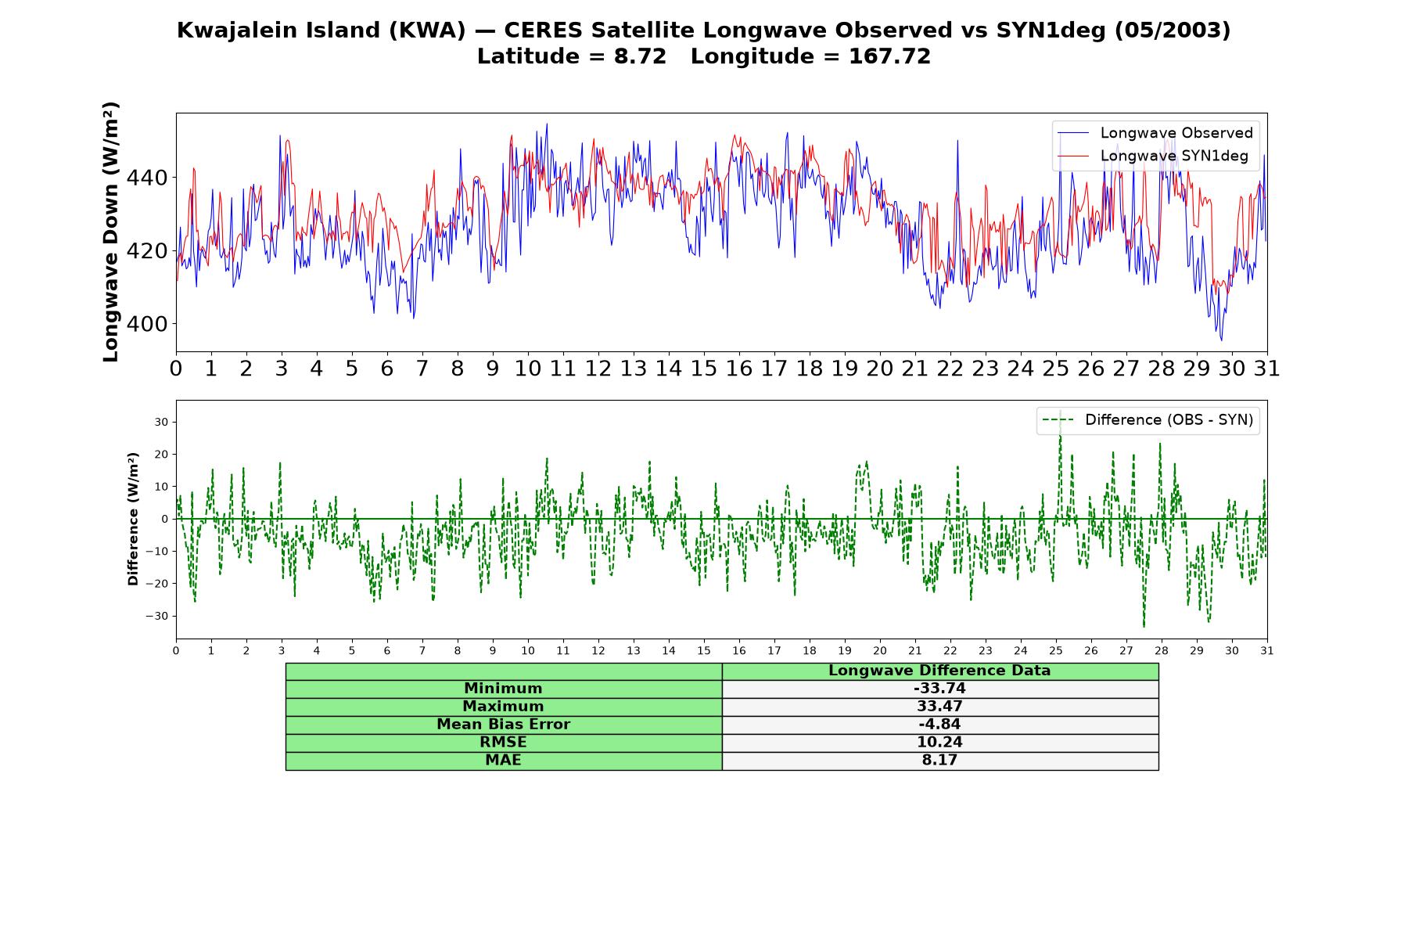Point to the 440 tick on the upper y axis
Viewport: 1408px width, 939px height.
click(x=146, y=178)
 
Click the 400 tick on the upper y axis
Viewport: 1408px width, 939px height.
click(x=146, y=323)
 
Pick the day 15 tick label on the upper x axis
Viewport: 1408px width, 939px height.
click(x=703, y=369)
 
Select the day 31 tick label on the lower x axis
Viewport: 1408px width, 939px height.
click(x=1267, y=650)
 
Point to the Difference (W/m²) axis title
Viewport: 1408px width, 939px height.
click(x=133, y=519)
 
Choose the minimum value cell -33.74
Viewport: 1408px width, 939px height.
click(x=939, y=689)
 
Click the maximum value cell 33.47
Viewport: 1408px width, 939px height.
click(x=939, y=707)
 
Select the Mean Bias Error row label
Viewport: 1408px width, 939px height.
click(x=503, y=725)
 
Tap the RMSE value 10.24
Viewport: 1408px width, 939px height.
click(x=939, y=743)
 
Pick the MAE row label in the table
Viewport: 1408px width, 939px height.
click(x=503, y=761)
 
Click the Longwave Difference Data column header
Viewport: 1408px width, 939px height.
click(x=939, y=671)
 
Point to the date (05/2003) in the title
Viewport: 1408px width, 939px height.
click(x=1172, y=31)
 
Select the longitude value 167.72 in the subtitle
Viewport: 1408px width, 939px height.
click(x=889, y=56)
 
